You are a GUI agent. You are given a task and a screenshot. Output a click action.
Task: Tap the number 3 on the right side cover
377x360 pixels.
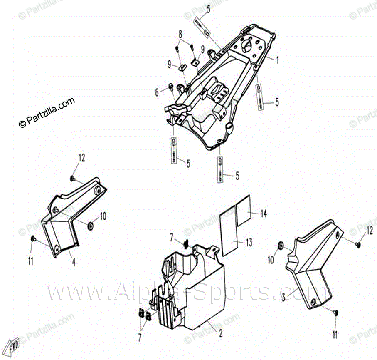point(283,297)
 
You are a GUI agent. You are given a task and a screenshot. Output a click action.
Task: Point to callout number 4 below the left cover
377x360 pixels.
point(73,263)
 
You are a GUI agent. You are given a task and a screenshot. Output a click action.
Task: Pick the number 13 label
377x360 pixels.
point(249,243)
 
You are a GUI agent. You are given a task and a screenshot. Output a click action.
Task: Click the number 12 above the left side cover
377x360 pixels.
point(82,158)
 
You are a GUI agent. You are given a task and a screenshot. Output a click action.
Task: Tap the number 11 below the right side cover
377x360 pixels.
point(335,335)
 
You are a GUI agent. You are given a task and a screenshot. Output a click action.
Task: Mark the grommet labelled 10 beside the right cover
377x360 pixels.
point(281,246)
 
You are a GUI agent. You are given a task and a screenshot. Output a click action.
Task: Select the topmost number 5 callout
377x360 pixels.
point(208,7)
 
